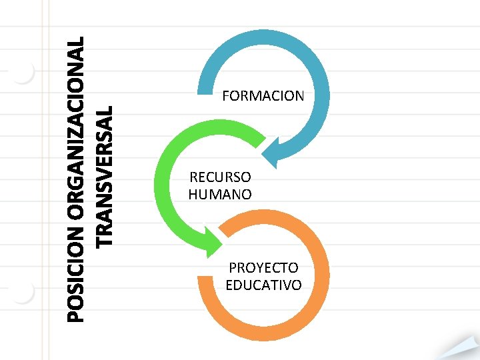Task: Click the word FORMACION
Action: pyautogui.click(x=263, y=96)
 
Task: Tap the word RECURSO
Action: pyautogui.click(x=220, y=177)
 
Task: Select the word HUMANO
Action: pyautogui.click(x=220, y=195)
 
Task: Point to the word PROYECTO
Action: pyautogui.click(x=263, y=268)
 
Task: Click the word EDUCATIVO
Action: pyautogui.click(x=263, y=285)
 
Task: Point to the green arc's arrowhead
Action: pyautogui.click(x=212, y=241)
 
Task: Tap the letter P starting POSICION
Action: pyautogui.click(x=77, y=316)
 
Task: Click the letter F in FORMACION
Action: pyautogui.click(x=226, y=96)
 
